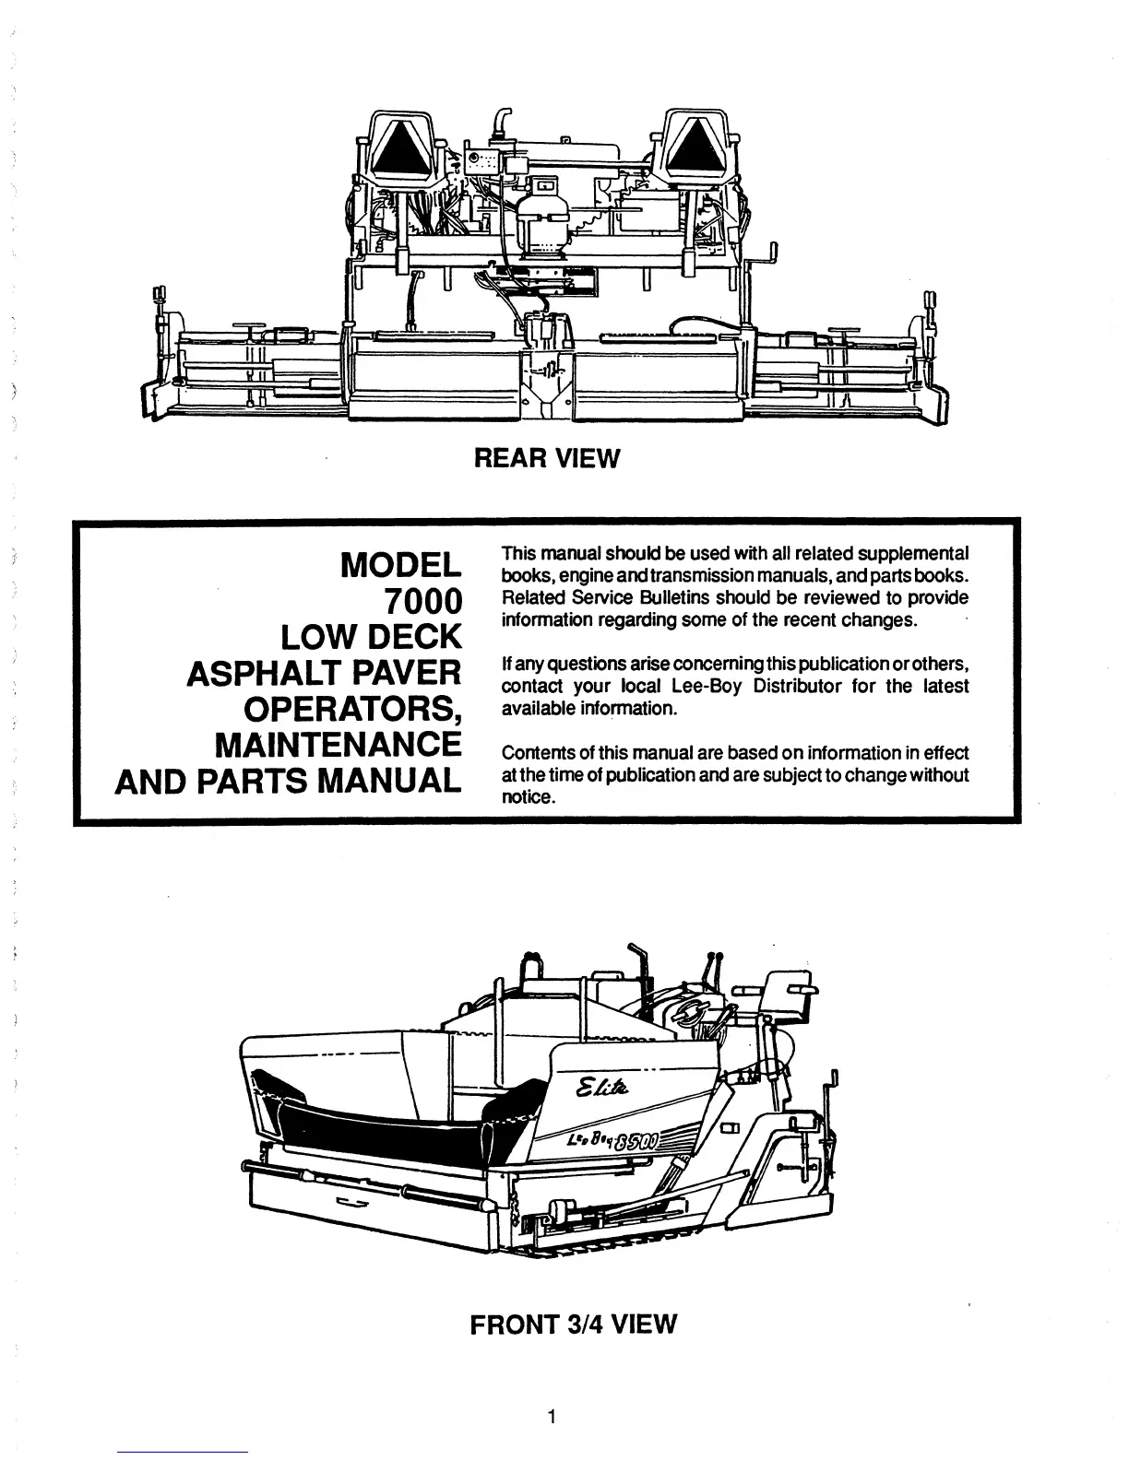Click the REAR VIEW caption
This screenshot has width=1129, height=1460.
[x=547, y=457]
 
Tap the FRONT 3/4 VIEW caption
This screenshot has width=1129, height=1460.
[x=573, y=1325]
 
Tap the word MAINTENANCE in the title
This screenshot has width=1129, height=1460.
[x=337, y=744]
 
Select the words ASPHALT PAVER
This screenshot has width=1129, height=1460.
[x=323, y=673]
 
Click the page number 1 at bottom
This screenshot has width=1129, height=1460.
[x=551, y=1417]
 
